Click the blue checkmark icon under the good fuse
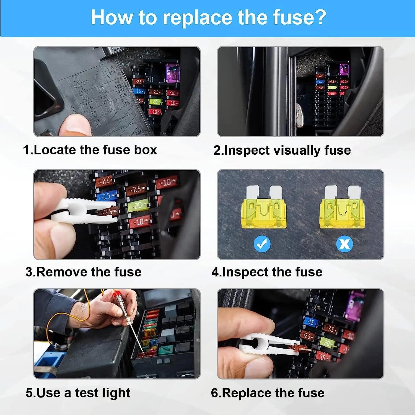pyautogui.click(x=262, y=244)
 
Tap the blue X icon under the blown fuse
pyautogui.click(x=344, y=244)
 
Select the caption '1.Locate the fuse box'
pyautogui.click(x=90, y=150)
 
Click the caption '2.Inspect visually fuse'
pyautogui.click(x=282, y=151)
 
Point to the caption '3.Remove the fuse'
pyautogui.click(x=83, y=272)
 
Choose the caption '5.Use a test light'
pyautogui.click(x=78, y=393)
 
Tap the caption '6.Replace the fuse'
pyautogui.click(x=268, y=393)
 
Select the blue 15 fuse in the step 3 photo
pyautogui.click(x=107, y=196)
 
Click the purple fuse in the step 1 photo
pyautogui.click(x=173, y=73)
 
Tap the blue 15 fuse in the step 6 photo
pyautogui.click(x=311, y=322)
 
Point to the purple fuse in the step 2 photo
pyautogui.click(x=344, y=69)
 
